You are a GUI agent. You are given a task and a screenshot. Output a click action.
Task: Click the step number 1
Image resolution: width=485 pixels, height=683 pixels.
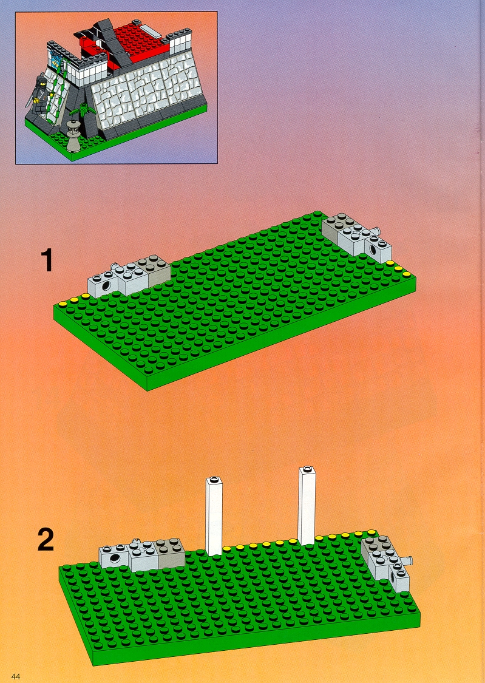coord(47,260)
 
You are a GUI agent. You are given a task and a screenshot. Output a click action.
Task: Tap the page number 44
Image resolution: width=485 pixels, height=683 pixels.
coord(16,676)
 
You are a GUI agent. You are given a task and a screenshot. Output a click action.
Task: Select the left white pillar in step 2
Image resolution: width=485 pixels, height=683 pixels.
coord(214,515)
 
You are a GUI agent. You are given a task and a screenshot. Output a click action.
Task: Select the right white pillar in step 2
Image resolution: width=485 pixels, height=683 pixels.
coord(307,506)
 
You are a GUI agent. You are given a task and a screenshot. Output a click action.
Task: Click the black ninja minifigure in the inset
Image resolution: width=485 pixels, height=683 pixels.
coord(38,92)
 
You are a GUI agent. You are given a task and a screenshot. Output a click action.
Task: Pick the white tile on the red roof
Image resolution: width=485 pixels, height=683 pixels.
coord(149,31)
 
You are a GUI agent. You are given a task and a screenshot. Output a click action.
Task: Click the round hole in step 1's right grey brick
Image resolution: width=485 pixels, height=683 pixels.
coord(373,250)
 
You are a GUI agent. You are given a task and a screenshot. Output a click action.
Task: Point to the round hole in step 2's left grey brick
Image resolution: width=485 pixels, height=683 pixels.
coord(116,559)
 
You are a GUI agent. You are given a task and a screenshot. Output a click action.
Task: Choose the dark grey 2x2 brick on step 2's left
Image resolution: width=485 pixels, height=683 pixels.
coord(170,552)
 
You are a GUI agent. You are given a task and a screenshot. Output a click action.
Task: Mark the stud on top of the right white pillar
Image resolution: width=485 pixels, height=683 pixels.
coord(307,469)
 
